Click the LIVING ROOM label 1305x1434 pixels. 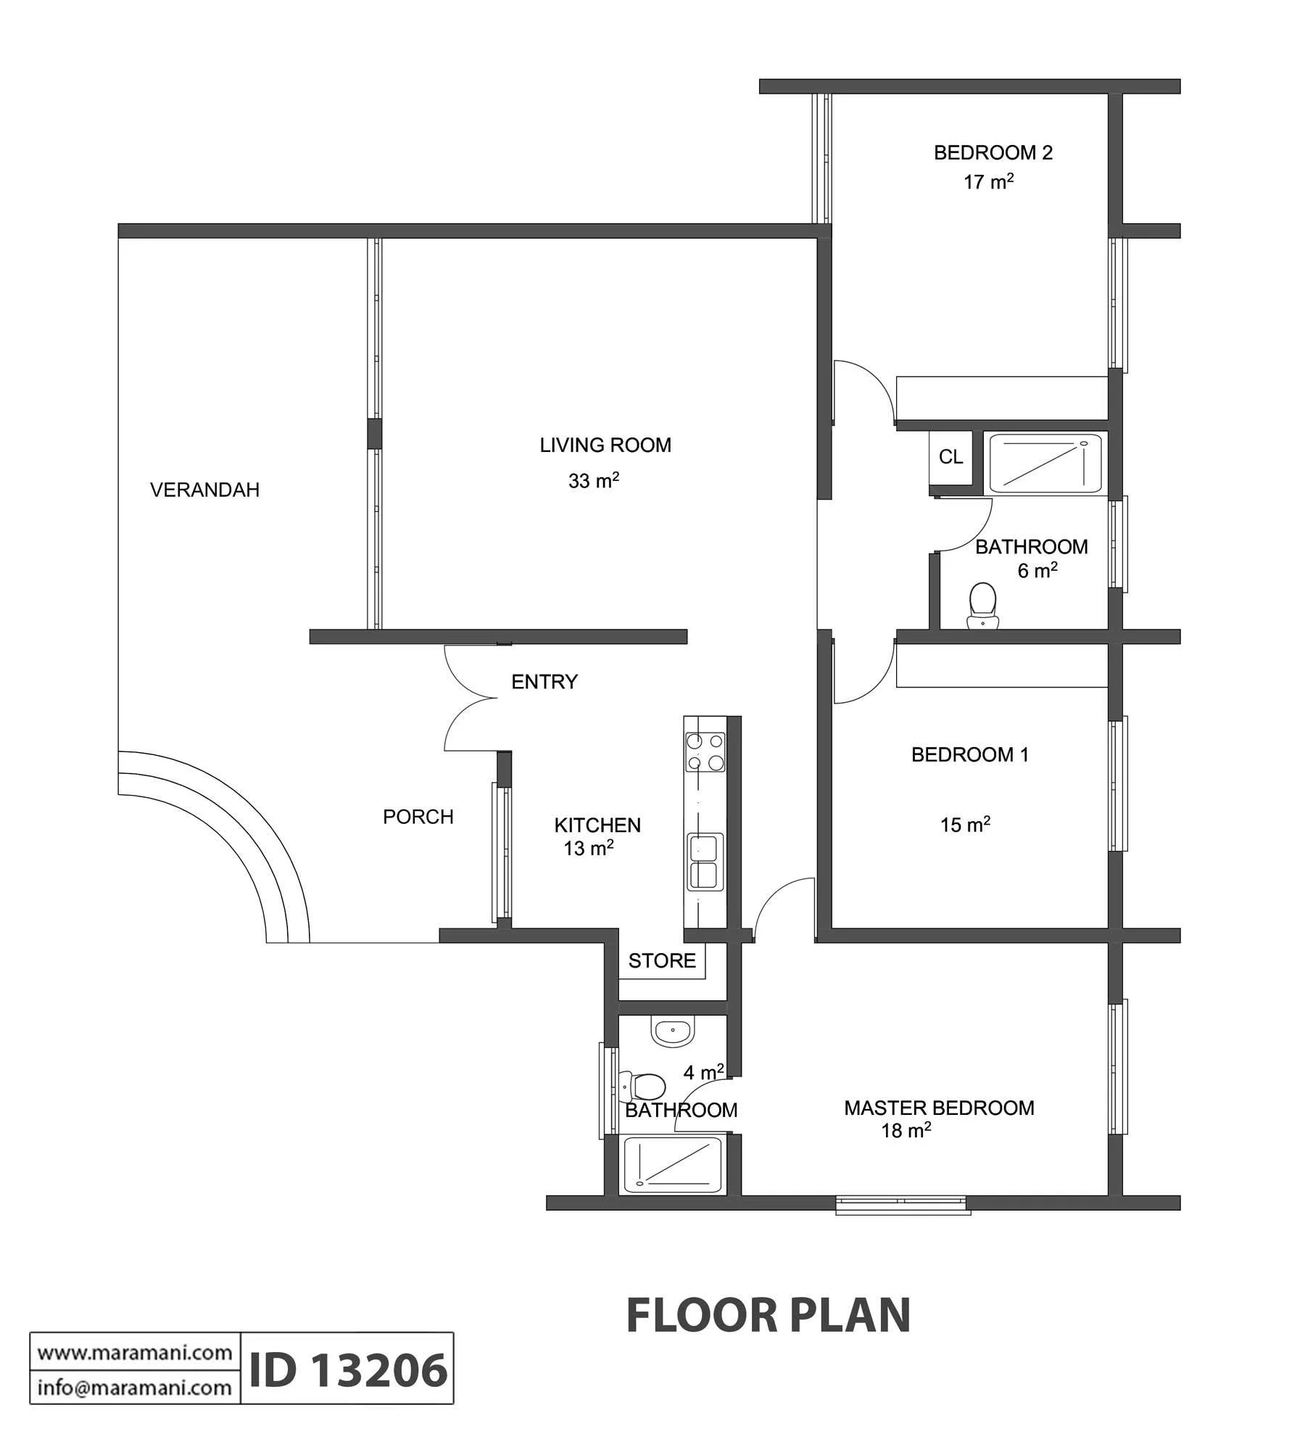tap(605, 445)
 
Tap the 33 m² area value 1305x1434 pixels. tap(594, 480)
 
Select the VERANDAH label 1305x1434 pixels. tap(204, 490)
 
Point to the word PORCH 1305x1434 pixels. tap(418, 817)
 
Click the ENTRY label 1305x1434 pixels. tap(544, 682)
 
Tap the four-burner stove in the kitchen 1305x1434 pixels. tap(705, 752)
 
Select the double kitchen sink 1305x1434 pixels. tap(705, 862)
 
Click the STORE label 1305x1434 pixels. tap(662, 961)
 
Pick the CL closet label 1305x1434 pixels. tap(951, 457)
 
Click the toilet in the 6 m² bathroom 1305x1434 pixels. tap(983, 605)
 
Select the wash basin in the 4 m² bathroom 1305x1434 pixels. tap(674, 1030)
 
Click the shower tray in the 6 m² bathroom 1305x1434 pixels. tap(1045, 463)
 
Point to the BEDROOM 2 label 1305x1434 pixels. tap(993, 153)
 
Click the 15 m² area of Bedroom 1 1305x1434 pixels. tap(965, 824)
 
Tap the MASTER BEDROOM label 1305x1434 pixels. tap(939, 1108)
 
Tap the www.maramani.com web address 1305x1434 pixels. tap(135, 1353)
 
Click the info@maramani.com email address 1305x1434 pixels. tap(135, 1388)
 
